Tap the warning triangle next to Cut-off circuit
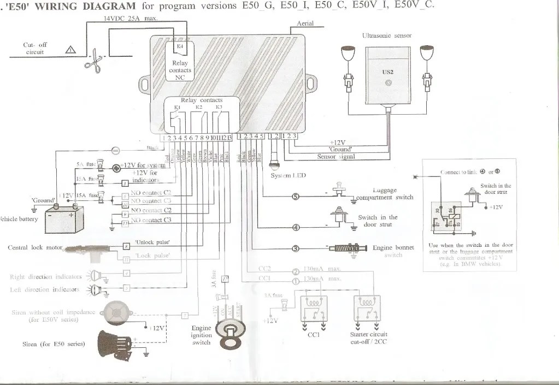coord(70,50)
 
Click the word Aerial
coord(305,23)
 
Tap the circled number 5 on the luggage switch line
coord(295,197)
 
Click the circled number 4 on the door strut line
coord(295,227)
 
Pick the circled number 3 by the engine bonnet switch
coord(295,249)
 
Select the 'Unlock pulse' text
coord(152,242)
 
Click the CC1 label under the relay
coord(314,335)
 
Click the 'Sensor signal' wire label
coord(336,157)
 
